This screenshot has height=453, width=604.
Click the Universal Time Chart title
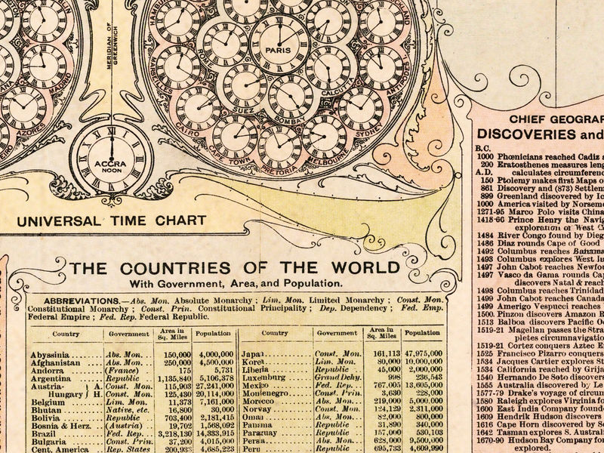coord(112,221)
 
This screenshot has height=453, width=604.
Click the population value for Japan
coord(422,353)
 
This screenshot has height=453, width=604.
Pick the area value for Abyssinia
coord(177,354)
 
